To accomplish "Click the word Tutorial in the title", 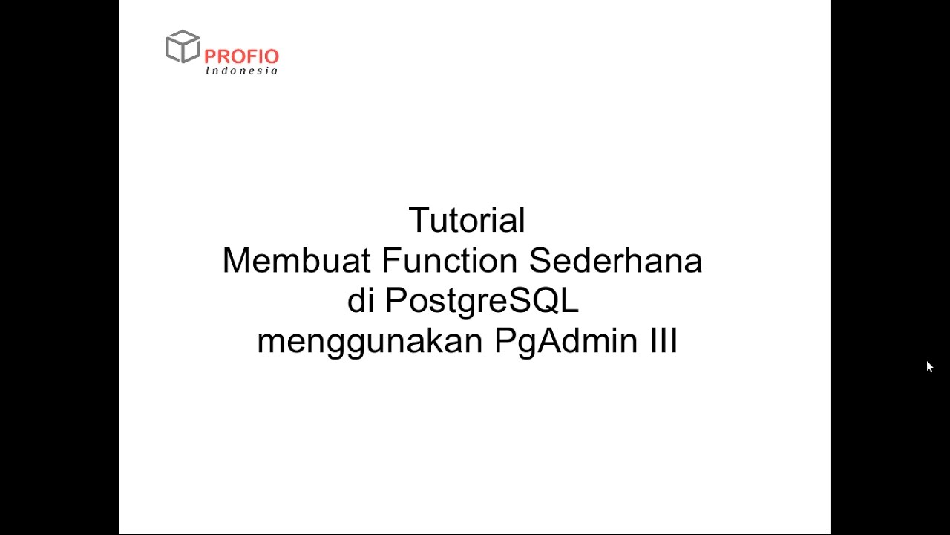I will point(467,221).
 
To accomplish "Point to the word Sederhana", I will point(615,261).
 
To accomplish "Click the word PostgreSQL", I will point(482,302).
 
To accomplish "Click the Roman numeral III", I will point(662,342).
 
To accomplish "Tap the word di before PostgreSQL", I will point(360,301).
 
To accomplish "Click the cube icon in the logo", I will point(183,46).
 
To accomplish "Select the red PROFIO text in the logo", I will point(241,56).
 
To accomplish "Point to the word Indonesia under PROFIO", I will point(242,71).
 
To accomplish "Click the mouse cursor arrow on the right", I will point(929,366).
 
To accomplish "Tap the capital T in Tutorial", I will point(419,221).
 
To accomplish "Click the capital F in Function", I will point(390,261).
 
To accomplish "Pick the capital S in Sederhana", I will point(540,261).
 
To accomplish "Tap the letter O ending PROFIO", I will point(271,56).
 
